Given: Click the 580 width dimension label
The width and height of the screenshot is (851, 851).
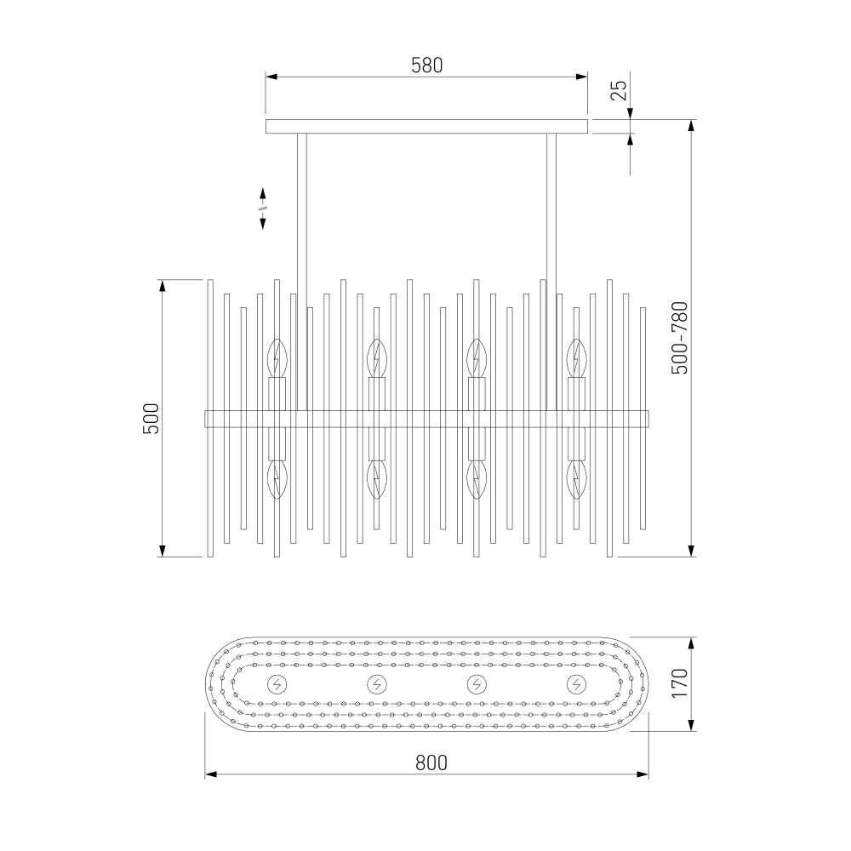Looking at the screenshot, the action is (426, 66).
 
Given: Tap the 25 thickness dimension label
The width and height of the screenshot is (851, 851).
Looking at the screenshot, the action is (619, 90).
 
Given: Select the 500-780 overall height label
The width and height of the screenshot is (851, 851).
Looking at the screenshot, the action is (679, 338).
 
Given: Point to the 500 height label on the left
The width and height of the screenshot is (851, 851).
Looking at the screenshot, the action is (151, 419).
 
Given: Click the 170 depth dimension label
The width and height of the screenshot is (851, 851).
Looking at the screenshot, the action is (679, 683).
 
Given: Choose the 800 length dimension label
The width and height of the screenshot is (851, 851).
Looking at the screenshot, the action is (431, 763).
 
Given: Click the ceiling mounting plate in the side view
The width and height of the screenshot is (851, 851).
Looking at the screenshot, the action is (426, 127).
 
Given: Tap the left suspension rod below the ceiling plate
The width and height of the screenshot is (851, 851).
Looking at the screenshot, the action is (302, 272).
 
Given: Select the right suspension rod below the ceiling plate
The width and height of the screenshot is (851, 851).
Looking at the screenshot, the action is (552, 272).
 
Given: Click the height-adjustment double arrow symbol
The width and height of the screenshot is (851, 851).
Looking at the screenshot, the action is (263, 208).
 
